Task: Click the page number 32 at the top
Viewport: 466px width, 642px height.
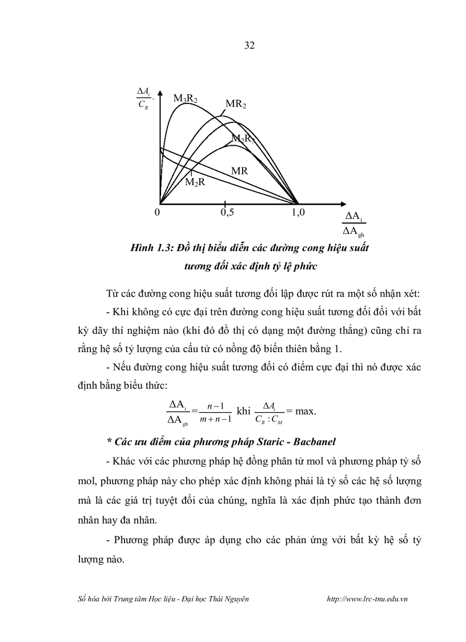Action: coord(249,46)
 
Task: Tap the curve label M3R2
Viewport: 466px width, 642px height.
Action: coord(185,99)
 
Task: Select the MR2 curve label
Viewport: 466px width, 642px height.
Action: coord(235,104)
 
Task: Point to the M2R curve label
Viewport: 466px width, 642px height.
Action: coord(195,182)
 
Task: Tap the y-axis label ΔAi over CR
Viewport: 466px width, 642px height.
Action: coord(144,98)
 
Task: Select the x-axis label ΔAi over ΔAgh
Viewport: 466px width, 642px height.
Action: coord(354,224)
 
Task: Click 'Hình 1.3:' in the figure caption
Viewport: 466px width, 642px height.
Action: coord(151,248)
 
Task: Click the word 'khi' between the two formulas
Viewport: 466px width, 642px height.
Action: coord(243,411)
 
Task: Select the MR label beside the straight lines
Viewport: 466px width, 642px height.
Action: coord(239,170)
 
